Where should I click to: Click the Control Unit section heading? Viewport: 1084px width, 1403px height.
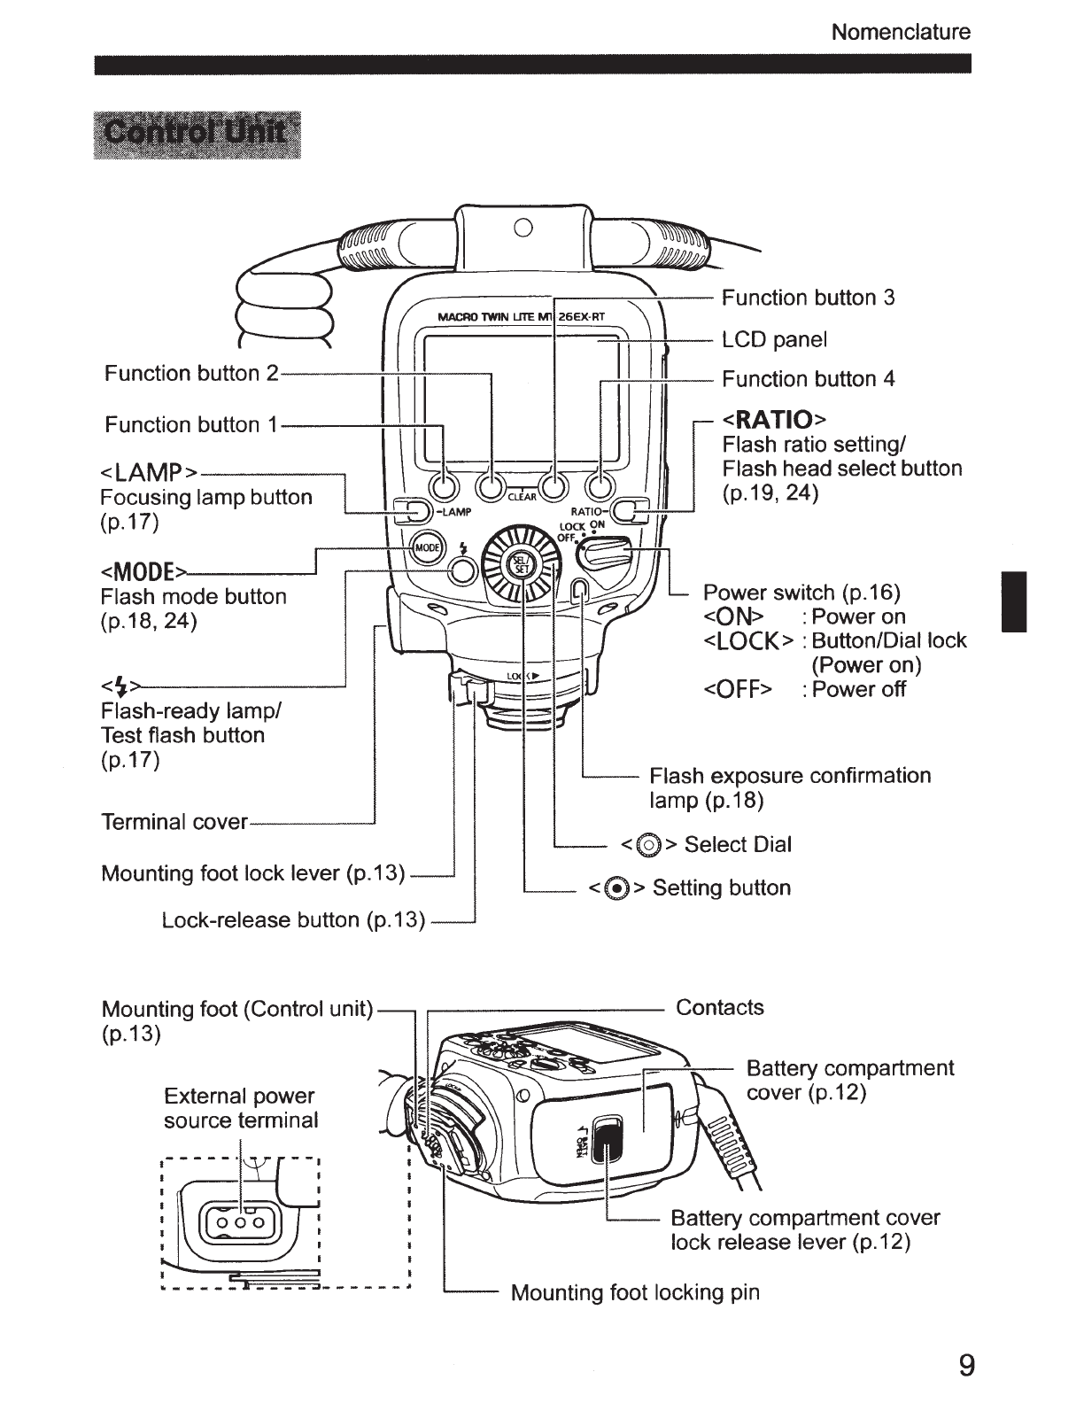pos(197,135)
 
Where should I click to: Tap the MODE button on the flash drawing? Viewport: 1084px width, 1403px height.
pos(427,549)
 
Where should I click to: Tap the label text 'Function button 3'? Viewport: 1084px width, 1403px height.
pos(808,298)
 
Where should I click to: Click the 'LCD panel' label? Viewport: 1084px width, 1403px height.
pos(774,340)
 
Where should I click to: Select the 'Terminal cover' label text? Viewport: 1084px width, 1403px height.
pos(174,822)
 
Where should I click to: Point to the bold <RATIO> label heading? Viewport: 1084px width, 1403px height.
pos(774,418)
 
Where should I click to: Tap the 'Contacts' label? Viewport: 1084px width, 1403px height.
pos(719,1007)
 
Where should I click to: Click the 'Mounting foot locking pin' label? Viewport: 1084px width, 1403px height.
pos(635,1292)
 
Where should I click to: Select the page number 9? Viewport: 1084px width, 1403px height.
pos(966,1365)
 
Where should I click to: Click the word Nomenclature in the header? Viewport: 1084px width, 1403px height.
pos(901,33)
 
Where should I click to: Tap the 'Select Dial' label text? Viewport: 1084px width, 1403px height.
pos(737,844)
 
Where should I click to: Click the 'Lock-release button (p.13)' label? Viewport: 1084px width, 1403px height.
pos(293,920)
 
